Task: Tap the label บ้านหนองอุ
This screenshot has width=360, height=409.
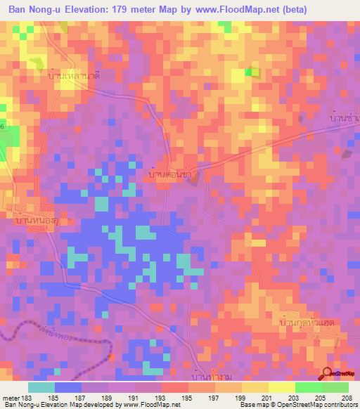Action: [36, 221]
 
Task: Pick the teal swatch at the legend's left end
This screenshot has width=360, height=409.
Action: [41, 387]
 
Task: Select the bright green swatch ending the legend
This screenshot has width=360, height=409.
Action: [335, 387]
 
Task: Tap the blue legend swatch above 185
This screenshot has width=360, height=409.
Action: [68, 387]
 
